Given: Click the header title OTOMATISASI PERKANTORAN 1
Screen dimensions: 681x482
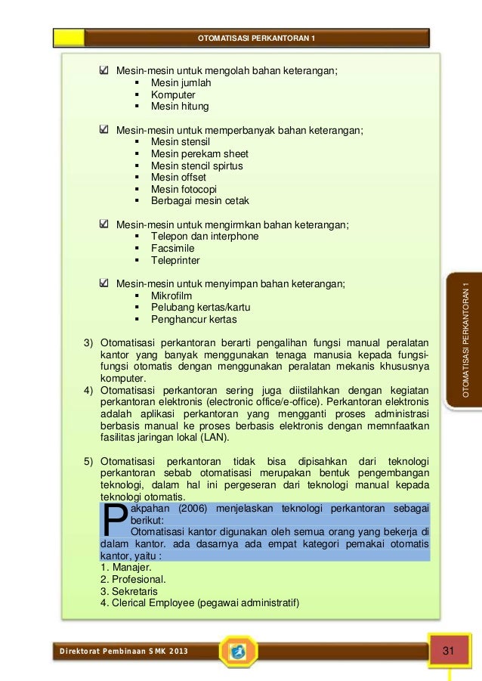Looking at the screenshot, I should click(257, 39).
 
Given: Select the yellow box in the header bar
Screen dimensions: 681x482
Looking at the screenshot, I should click(69, 38).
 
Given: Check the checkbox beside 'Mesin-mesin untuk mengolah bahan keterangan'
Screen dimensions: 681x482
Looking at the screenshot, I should click(105, 71).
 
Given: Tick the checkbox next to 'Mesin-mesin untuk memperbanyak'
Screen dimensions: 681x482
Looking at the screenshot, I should click(105, 130).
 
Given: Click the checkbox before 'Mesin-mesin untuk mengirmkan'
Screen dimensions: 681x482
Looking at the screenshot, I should click(105, 224).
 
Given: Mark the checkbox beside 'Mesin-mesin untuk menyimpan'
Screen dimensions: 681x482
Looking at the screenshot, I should click(105, 283).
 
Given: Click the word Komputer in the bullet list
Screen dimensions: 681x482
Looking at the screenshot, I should click(172, 94).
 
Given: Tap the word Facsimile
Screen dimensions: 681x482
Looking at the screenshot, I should click(172, 248).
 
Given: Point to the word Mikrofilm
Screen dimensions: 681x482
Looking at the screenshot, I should click(171, 296).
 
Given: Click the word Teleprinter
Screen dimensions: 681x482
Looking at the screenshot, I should click(175, 260).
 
